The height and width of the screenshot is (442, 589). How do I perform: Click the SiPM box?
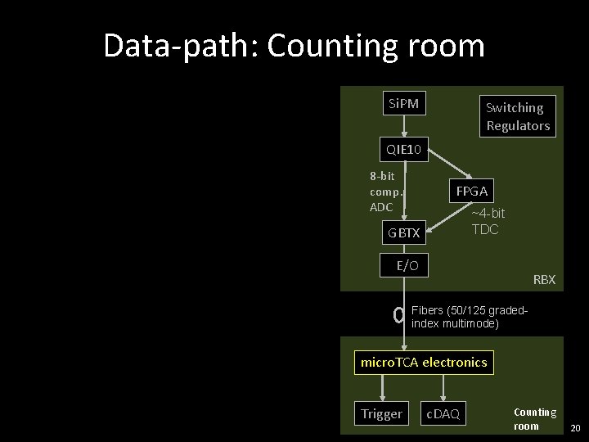tap(402, 103)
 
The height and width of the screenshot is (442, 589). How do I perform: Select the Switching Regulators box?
tap(517, 116)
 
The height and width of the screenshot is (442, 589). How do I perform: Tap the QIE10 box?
tap(404, 149)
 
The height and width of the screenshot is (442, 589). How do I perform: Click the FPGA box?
tap(471, 191)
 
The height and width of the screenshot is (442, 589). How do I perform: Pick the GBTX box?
tap(404, 232)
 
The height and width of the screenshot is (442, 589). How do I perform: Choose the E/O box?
tap(407, 265)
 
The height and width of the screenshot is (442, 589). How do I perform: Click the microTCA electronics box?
tap(424, 362)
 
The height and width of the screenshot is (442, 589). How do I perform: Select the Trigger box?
tap(381, 413)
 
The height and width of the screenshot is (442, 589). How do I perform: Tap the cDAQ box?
tap(443, 414)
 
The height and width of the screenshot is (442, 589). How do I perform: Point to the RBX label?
tap(544, 280)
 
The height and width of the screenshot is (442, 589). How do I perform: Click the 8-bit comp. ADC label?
tap(385, 192)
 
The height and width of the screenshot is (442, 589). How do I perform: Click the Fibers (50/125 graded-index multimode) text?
tap(468, 318)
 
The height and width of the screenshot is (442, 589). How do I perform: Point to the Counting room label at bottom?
tap(534, 419)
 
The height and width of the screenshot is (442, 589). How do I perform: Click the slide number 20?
tap(574, 429)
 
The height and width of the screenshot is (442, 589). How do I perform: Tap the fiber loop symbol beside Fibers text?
tap(398, 315)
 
